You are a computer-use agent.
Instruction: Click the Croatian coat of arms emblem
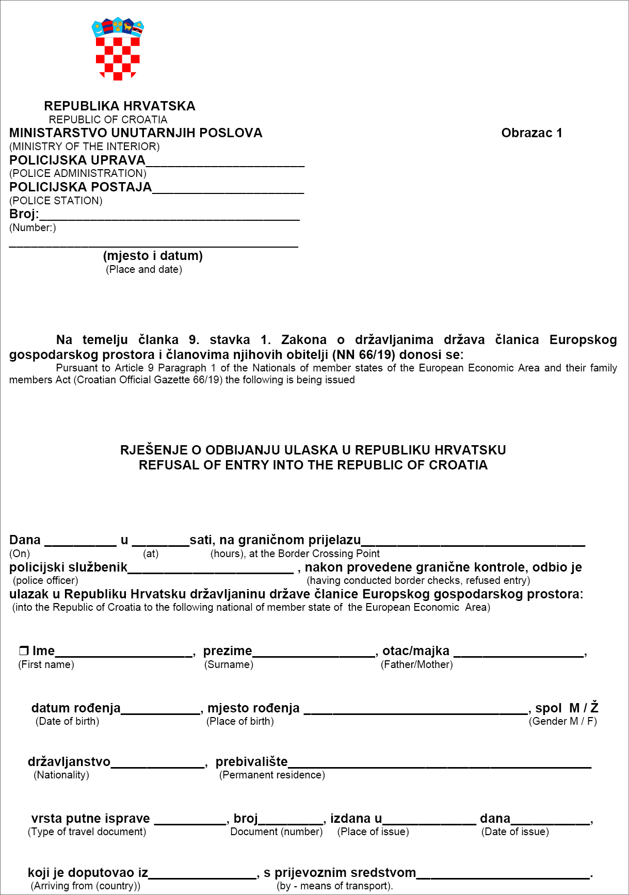118,50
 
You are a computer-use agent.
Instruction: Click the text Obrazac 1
531,133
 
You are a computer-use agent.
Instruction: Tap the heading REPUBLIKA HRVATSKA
120,106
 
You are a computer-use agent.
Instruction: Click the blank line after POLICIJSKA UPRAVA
225,162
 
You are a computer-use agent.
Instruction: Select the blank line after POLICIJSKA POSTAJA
228,189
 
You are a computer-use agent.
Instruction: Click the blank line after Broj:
169,216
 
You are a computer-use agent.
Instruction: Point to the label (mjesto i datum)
153,256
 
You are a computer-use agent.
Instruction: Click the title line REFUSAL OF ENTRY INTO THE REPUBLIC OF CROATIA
313,465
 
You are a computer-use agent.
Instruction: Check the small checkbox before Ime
24,651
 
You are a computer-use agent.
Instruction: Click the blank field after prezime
314,652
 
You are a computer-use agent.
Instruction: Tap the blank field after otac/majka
519,652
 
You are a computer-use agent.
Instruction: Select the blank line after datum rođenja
160,709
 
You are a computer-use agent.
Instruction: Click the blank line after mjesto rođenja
416,709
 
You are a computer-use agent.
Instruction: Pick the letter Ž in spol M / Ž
594,708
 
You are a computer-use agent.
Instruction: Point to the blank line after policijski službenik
211,568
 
